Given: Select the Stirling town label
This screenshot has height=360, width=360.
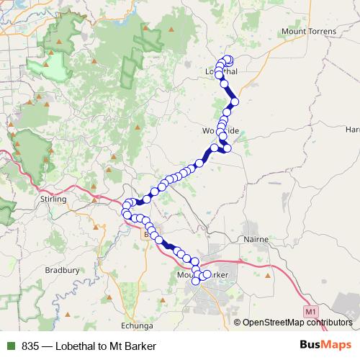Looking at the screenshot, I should click(x=53, y=199).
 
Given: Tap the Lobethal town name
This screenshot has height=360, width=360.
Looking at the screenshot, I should click(x=221, y=72).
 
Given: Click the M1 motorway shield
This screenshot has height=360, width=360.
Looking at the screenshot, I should click(x=310, y=311).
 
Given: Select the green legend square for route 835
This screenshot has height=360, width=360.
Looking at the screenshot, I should click(x=9, y=346).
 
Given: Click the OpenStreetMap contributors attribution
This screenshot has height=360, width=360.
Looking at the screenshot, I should click(x=297, y=323).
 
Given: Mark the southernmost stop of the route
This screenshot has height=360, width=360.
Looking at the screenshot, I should click(x=196, y=282).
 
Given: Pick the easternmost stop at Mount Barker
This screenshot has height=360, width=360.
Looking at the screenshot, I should click(x=207, y=274).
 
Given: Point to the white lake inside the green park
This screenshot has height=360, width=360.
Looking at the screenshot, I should click(x=54, y=68).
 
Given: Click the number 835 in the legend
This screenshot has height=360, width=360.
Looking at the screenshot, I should click(x=31, y=346).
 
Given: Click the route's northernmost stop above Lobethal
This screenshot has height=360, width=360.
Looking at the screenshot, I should click(x=228, y=59).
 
